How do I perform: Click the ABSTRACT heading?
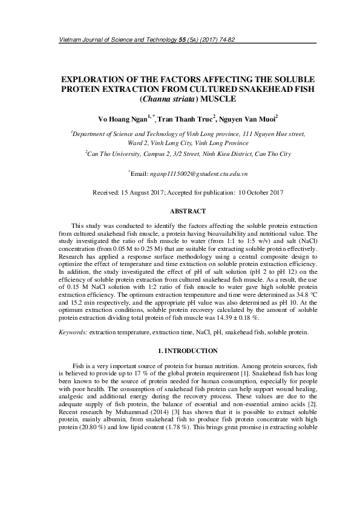[x=180, y=211]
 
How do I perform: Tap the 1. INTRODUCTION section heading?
[x=180, y=351]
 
